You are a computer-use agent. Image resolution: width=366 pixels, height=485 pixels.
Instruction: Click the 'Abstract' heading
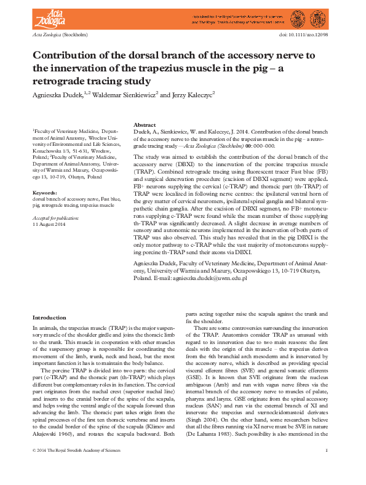145,125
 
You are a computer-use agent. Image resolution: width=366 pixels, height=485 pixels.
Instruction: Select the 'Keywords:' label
44,193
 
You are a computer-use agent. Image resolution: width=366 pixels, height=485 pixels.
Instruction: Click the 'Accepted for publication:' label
55,218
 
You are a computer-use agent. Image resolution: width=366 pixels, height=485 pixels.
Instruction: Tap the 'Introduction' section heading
49,317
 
